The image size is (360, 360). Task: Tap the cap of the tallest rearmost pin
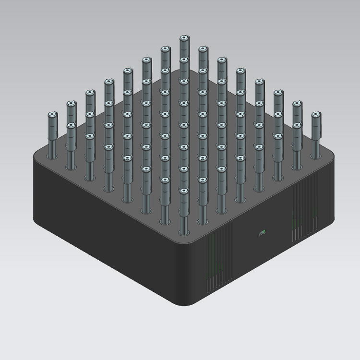pos(183,37)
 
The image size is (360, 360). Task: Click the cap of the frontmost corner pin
pos(183,191)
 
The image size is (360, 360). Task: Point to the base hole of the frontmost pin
pos(183,232)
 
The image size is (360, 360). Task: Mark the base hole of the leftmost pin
pos(52,155)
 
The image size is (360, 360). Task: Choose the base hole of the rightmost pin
pos(315,155)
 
